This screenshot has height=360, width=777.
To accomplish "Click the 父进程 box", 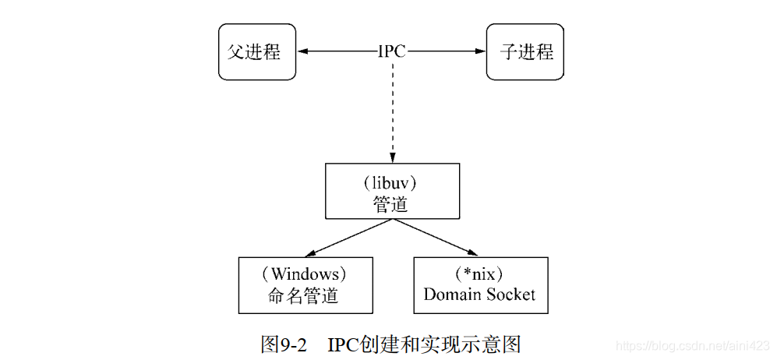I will click(257, 52).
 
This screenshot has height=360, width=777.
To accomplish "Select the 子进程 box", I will click(525, 52).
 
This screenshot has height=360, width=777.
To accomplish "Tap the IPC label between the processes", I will click(391, 52).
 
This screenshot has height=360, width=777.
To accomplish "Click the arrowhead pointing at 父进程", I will click(303, 52).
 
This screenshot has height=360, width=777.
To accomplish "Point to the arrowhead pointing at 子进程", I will click(480, 52).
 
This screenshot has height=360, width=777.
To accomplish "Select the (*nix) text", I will click(479, 274).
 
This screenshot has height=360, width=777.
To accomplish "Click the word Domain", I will click(449, 295).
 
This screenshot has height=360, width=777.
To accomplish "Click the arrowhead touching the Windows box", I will click(310, 253).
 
